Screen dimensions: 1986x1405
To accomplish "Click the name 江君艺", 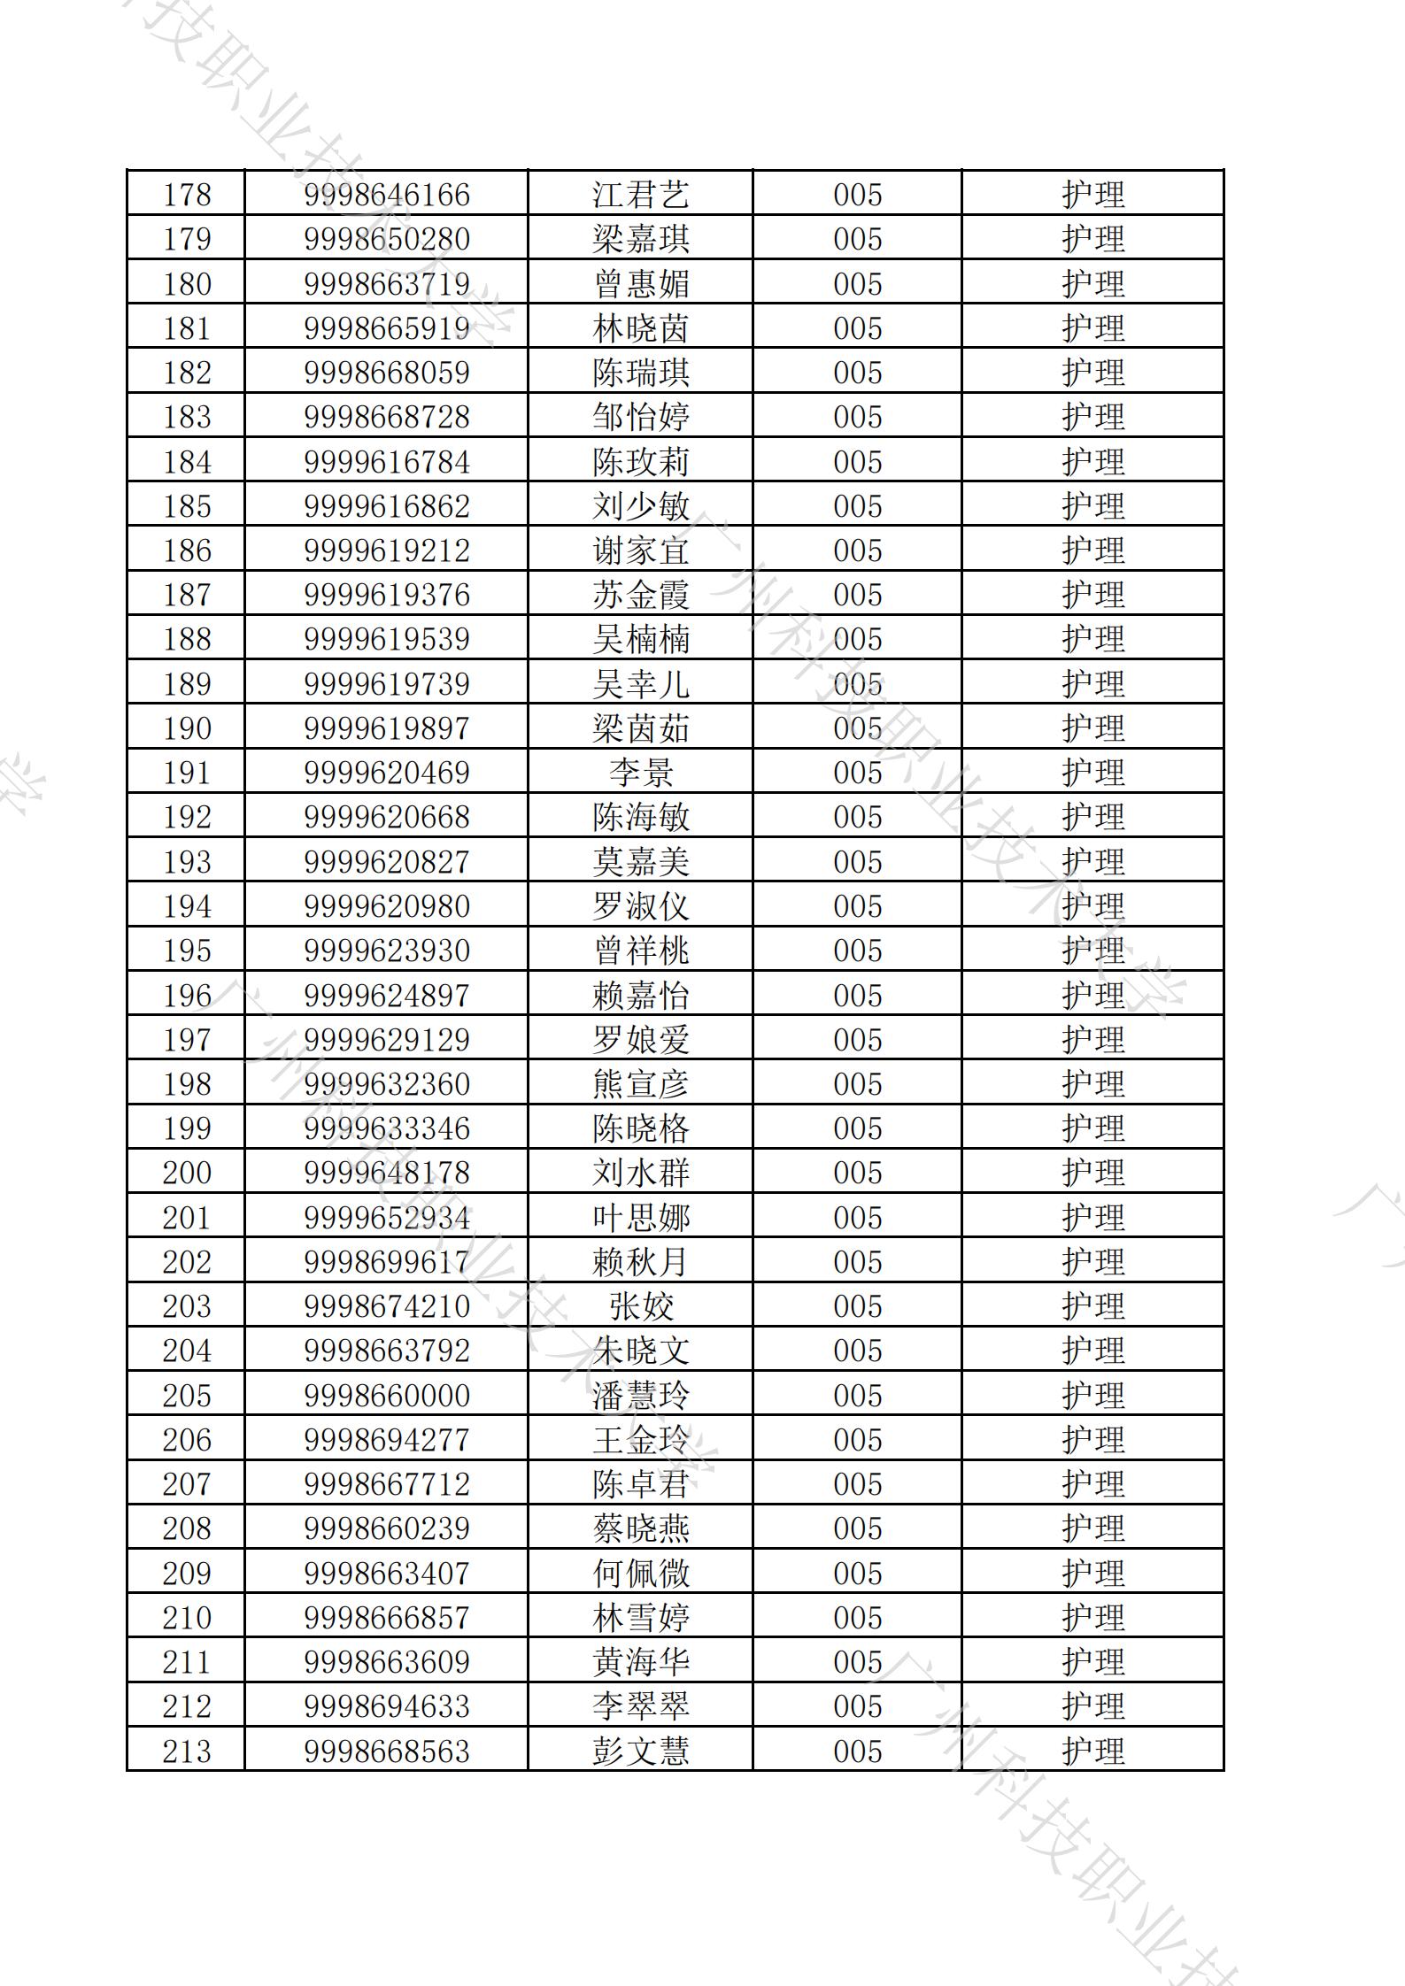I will coord(640,195).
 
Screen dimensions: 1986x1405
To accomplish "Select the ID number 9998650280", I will coord(387,239).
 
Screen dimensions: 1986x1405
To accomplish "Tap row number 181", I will coord(187,328).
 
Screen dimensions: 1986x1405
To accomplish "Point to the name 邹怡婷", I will coord(640,417).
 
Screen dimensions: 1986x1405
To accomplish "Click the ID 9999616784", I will coord(387,462).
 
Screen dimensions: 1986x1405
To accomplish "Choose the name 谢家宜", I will coord(640,550).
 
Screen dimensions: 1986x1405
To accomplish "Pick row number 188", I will coord(187,639).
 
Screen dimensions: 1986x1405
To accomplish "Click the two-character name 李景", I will coord(640,773).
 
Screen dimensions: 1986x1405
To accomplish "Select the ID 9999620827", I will coord(387,862).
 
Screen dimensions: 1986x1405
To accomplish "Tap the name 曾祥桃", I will coord(640,951).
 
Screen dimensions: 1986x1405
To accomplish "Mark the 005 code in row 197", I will coord(857,1040).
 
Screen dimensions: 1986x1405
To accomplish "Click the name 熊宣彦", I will coord(640,1084).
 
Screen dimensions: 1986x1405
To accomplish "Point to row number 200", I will coord(187,1173).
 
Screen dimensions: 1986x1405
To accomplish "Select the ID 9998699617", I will coord(387,1262).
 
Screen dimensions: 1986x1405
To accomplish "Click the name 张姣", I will coord(640,1306).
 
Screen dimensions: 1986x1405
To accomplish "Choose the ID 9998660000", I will coord(387,1396).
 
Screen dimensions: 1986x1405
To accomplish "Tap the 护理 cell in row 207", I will coord(1092,1484).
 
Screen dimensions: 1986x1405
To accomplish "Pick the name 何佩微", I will coord(640,1574).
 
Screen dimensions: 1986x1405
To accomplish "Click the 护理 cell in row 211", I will coord(1092,1662).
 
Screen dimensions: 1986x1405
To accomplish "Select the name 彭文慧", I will coord(640,1751).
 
